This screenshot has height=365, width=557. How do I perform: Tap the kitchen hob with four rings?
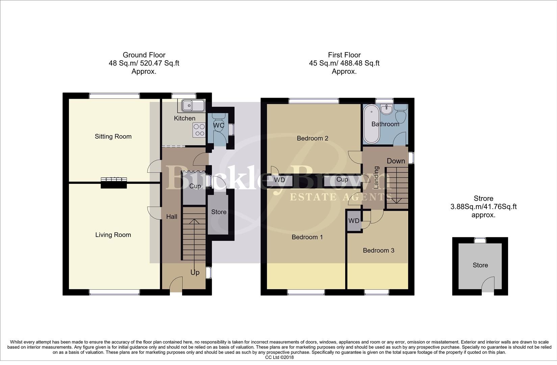pos(199,130)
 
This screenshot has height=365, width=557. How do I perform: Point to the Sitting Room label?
pos(113,137)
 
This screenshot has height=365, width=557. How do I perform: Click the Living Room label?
pos(113,235)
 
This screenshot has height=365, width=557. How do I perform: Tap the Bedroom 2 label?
pos(312,138)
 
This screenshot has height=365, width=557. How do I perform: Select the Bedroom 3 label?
pos(378,250)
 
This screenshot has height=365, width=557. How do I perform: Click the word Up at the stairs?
pos(195,272)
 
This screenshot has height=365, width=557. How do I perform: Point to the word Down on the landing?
pos(396,161)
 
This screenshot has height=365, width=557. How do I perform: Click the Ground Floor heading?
pos(144,55)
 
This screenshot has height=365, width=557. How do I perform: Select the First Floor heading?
pos(344,55)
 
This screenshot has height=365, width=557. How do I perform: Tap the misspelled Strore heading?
pos(483,199)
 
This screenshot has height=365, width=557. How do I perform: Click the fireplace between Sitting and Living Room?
pos(113,182)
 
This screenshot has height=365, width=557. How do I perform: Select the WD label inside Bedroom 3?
pos(354,221)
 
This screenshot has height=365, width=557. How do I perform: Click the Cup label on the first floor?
pos(342,179)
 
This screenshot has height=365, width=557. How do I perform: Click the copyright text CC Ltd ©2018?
pos(279,357)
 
